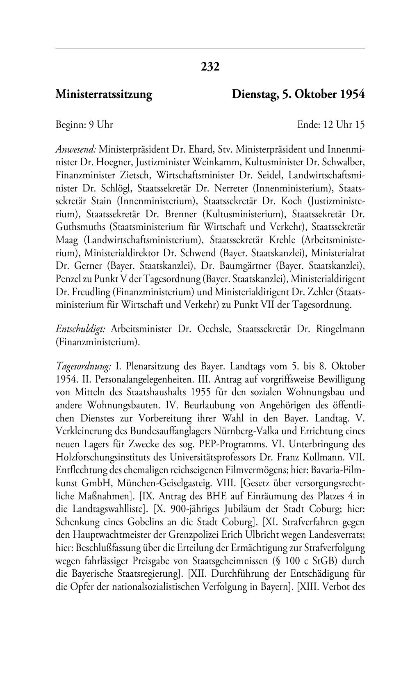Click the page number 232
[210, 66]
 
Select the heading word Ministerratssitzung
[104, 95]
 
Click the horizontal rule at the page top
[210, 48]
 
